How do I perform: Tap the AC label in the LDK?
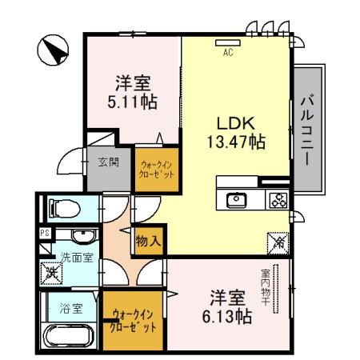click(227, 53)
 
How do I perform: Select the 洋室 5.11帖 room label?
click(134, 91)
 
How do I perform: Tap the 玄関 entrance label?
click(109, 162)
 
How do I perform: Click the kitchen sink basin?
click(237, 201)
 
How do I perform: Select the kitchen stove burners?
click(278, 201)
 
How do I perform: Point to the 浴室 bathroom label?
click(70, 307)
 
